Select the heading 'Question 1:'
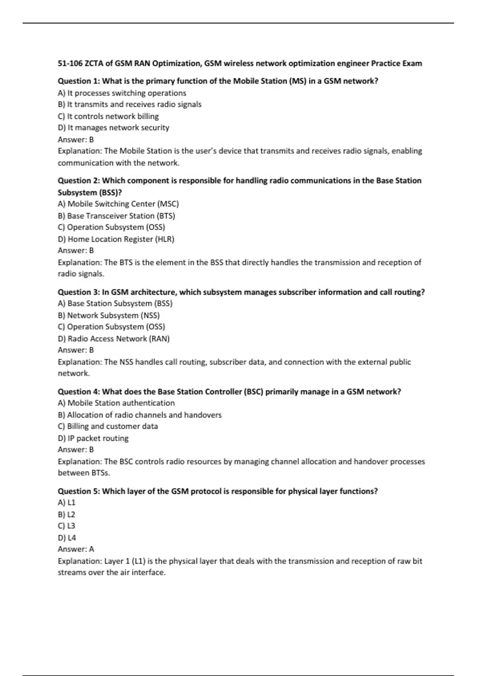click(x=79, y=81)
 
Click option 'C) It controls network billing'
click(x=108, y=117)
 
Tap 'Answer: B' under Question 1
click(x=76, y=140)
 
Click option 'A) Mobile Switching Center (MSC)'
click(x=118, y=204)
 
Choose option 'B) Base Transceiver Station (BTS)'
click(x=116, y=216)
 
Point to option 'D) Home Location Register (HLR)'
click(x=116, y=239)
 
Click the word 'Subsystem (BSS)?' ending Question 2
click(x=89, y=192)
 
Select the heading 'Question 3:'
click(x=79, y=292)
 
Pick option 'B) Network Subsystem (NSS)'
click(x=109, y=315)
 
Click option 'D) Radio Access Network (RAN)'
click(x=113, y=339)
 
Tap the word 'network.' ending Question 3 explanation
click(x=74, y=373)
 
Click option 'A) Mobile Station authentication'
click(x=116, y=403)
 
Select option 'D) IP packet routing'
click(x=93, y=438)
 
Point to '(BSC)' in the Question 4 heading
click(x=254, y=392)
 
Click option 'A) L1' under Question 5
click(x=66, y=503)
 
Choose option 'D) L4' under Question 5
click(x=67, y=538)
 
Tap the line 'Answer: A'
click(x=76, y=549)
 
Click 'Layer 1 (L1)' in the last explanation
click(x=125, y=561)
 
